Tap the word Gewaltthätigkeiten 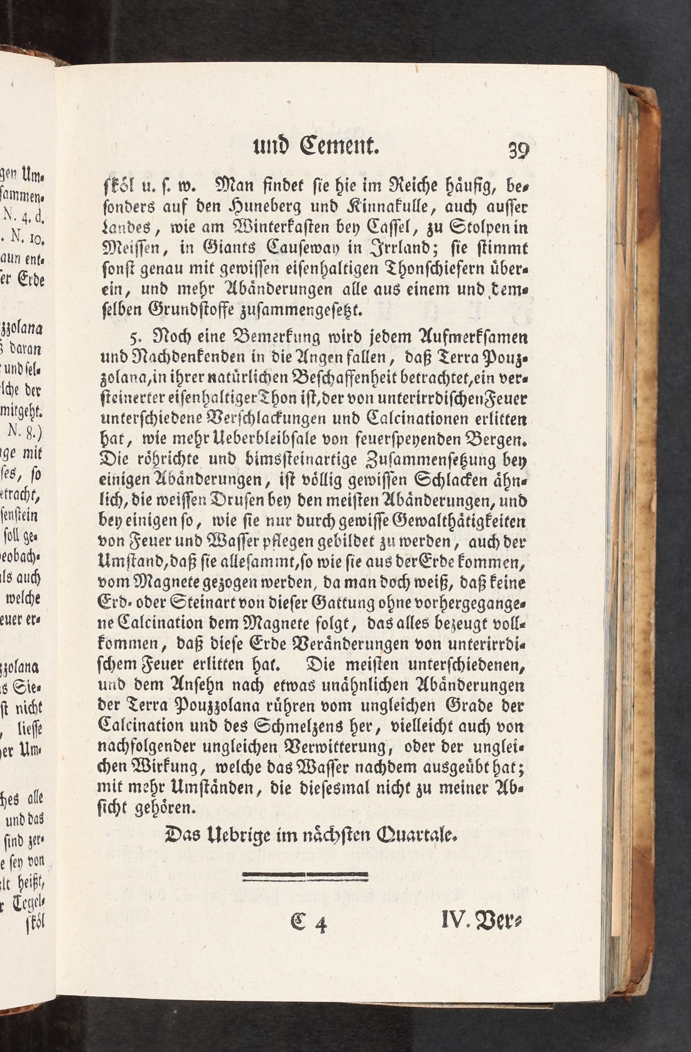click(x=460, y=522)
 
